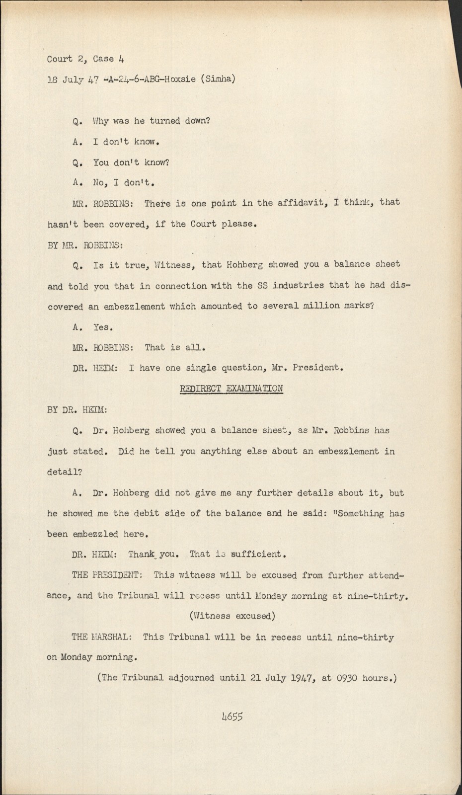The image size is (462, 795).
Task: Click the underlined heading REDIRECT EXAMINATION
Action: [x=231, y=389]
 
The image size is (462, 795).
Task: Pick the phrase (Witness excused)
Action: [x=232, y=616]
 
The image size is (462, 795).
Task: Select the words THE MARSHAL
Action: [x=101, y=637]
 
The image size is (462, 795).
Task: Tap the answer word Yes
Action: [x=103, y=327]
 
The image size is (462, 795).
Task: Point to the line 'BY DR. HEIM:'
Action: [x=77, y=410]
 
